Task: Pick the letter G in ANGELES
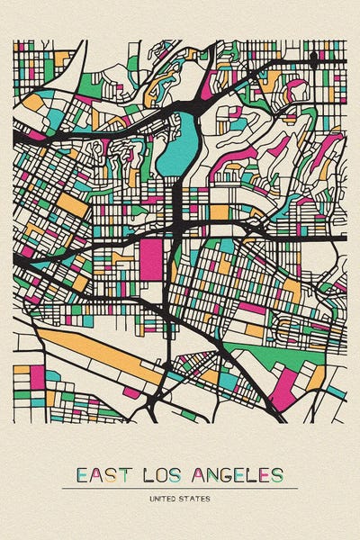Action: tap(229, 474)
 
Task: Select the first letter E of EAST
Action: tap(83, 474)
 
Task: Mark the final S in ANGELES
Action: tap(277, 474)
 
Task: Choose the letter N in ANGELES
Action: tap(213, 474)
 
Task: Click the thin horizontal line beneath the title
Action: tap(180, 488)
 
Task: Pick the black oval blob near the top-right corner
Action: tap(313, 59)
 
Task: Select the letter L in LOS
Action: tap(149, 474)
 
